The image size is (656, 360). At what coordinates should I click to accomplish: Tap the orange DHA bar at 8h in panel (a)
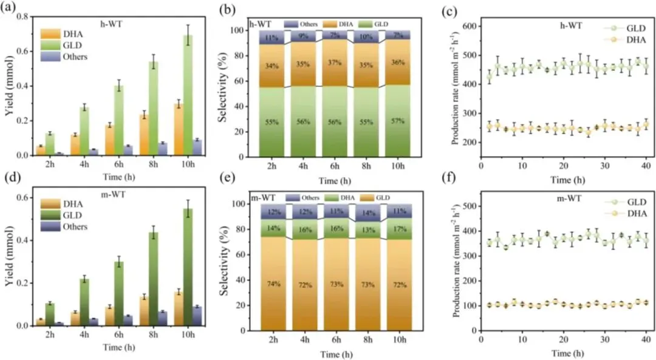(145, 135)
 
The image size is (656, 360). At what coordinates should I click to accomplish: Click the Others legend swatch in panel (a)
(50, 56)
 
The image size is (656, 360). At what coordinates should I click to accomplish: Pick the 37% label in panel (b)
(332, 63)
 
